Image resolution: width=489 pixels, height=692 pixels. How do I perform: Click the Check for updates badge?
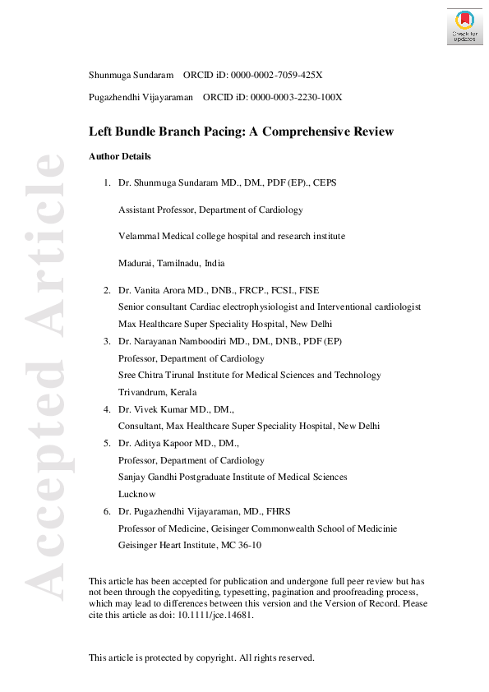pos(464,26)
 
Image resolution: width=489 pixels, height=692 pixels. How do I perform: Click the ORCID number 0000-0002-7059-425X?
pos(272,76)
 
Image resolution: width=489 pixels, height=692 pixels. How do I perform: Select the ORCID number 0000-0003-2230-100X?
pos(292,97)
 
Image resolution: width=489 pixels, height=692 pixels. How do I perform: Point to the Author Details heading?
pos(119,156)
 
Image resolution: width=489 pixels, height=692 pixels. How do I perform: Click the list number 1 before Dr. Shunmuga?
pos(107,182)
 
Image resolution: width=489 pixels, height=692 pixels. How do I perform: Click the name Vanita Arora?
pos(156,290)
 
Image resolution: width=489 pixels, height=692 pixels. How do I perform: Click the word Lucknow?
pos(137,495)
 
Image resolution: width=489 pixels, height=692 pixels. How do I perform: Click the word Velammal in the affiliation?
pos(138,236)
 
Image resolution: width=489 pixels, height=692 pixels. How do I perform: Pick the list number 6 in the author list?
pos(107,511)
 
